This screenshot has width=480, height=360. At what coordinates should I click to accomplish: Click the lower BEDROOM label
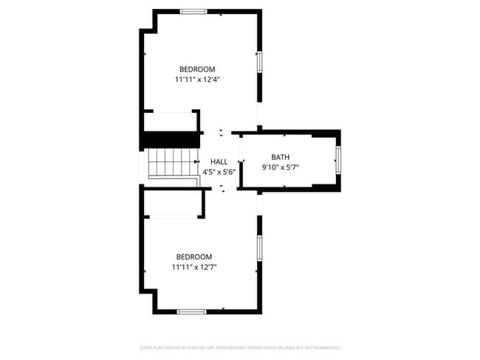click(193, 257)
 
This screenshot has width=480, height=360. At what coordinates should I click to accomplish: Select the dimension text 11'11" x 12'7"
click(194, 267)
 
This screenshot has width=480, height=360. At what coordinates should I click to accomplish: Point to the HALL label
click(219, 162)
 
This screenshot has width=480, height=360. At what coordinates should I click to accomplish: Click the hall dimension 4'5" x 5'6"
click(219, 171)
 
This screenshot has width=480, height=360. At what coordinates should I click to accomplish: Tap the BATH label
click(281, 157)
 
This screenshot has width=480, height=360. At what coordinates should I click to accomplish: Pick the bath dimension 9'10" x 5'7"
click(281, 167)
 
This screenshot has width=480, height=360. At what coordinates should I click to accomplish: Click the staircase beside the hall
click(172, 162)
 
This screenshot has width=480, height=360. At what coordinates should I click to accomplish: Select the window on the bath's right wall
click(338, 159)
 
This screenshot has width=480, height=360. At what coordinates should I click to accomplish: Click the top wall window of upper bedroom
click(193, 11)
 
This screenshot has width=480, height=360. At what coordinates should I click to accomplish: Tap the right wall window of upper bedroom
click(258, 62)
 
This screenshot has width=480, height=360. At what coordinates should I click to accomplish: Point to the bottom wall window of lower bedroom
click(191, 311)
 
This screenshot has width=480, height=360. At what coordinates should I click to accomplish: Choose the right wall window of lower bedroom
click(258, 248)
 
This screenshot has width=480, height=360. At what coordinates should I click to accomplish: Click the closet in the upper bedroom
click(171, 121)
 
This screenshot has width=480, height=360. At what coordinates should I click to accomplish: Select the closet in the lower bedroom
click(171, 203)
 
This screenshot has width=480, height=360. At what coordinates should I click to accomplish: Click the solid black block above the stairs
click(171, 139)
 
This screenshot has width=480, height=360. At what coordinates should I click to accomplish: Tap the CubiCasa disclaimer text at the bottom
click(240, 347)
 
